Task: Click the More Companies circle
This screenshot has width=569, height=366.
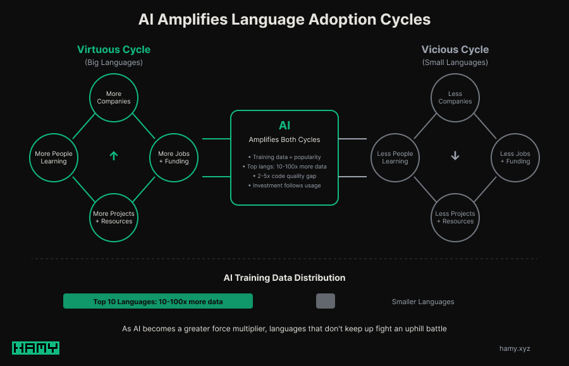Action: coord(114,98)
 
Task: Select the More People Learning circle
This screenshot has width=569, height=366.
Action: coord(54,158)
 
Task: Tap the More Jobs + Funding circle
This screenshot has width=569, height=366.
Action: coord(174,158)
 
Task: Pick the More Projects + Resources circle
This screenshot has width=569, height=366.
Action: coord(114,218)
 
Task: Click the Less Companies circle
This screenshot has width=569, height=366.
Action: coord(455,98)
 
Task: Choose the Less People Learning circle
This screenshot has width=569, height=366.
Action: coord(395,158)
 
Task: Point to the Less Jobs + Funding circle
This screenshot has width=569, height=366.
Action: coord(515,158)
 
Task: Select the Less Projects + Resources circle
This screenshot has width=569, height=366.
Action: coord(455,218)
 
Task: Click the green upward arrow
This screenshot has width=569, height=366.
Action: coord(114,156)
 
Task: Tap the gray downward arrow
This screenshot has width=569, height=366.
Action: coord(455,156)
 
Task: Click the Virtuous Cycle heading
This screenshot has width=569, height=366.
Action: coord(114,49)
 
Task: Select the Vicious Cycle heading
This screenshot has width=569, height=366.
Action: coord(455,49)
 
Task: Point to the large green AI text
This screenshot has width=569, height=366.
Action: coord(284,126)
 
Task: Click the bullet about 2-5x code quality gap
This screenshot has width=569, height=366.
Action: coord(284,176)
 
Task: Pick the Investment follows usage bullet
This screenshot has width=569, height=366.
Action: coord(284,186)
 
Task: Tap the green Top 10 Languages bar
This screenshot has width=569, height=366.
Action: coord(158,302)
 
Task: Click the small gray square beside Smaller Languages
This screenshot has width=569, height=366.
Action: coord(326,302)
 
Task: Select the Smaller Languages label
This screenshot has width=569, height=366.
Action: coord(423,302)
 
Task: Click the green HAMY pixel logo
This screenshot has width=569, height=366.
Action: coord(35,348)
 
